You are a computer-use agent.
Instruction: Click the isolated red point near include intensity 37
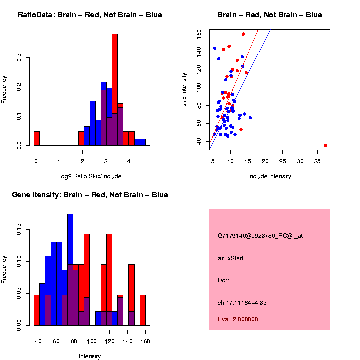point(325,145)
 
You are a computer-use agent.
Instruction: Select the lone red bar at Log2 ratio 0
point(36,138)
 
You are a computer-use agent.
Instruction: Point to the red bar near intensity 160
point(143,310)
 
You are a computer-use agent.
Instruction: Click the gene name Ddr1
point(224,280)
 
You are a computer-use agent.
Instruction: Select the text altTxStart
point(231,258)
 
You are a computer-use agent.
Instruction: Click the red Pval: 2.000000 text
point(238,319)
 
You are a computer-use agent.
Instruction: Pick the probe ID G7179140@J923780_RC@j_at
point(260,236)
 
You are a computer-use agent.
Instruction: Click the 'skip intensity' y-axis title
point(184,89)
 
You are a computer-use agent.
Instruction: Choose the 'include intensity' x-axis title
point(270,176)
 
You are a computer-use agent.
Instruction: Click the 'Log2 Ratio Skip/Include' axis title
point(89,176)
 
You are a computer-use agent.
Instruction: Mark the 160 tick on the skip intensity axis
point(199,34)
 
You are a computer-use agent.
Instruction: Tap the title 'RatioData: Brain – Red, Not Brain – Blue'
point(90,15)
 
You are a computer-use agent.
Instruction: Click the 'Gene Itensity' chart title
point(90,195)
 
